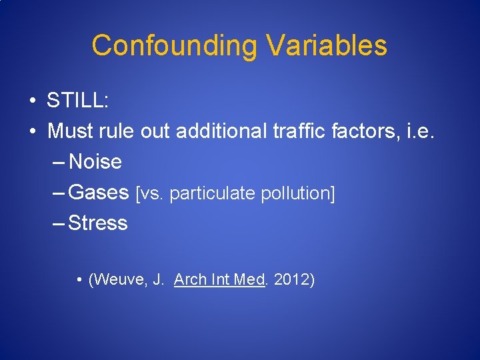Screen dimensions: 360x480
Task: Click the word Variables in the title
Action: [x=326, y=46]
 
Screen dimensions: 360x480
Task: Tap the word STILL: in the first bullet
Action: [x=78, y=101]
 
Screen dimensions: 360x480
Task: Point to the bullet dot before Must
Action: [x=32, y=132]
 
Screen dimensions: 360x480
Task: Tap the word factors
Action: [x=368, y=131]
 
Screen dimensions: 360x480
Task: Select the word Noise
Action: [x=95, y=162]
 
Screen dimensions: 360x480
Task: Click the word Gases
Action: [x=99, y=193]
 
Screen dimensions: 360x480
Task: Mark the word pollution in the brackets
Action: [x=297, y=194]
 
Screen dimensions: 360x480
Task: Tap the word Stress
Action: [x=98, y=223]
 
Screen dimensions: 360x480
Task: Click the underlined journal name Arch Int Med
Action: [x=219, y=279]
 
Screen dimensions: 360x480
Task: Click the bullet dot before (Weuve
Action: [x=79, y=280]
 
